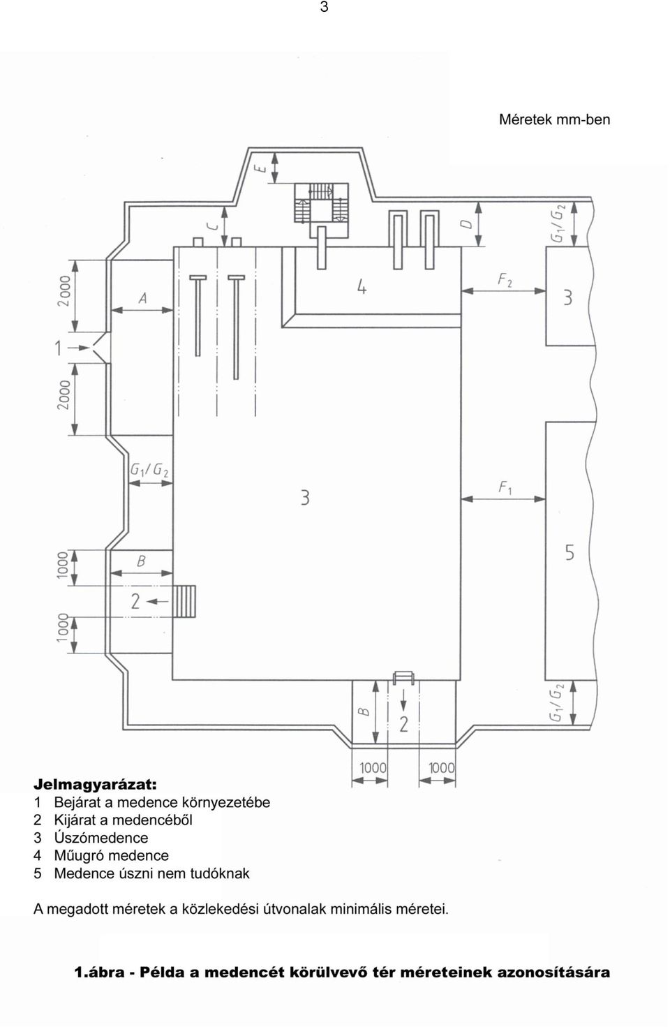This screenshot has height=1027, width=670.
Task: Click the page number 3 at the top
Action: pos(324,8)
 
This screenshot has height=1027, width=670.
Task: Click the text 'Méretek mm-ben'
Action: pos(554,120)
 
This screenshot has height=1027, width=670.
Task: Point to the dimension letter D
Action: pos(466,224)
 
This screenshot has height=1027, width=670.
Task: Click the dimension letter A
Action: pos(143,299)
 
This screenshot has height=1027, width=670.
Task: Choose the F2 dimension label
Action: pos(505,280)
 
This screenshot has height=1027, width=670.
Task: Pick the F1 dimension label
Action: pos(505,488)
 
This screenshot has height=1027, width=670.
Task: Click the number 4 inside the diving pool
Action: pos(362,287)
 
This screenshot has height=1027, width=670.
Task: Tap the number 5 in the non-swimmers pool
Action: pos(569,552)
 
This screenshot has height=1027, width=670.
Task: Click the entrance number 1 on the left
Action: pos(58,348)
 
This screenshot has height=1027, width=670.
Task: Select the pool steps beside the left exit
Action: pos(184,601)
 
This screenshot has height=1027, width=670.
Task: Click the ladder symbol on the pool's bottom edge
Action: pos(403,678)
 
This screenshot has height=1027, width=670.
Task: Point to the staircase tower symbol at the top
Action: pos(321,203)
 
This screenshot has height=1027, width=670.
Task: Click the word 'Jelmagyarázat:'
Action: pos(96,785)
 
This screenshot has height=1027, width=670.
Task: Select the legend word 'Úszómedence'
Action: pos(100,838)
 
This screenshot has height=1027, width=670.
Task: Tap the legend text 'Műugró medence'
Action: pos(112,855)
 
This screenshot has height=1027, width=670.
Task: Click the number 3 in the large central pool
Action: pos(305,498)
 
